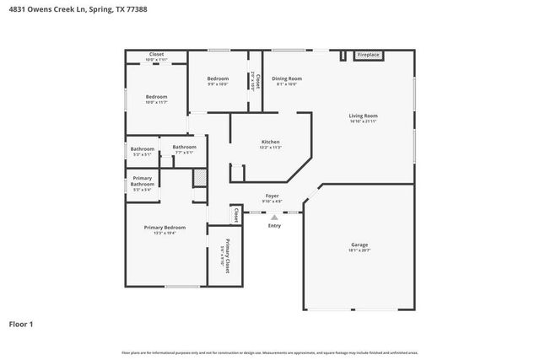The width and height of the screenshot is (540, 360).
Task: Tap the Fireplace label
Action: pos(368,55)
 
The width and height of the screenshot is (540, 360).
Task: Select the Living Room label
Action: pos(363,116)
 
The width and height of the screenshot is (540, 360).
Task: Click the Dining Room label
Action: pos(286,78)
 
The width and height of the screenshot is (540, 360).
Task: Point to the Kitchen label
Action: pos(270,142)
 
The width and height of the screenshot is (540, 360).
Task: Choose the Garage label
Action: pos(359,245)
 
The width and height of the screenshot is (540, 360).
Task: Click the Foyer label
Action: pos(272,196)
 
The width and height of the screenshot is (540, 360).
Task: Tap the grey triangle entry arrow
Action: pos(274,217)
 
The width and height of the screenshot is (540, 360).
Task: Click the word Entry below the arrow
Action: pos(274,225)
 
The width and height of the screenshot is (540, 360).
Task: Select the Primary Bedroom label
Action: pos(165,228)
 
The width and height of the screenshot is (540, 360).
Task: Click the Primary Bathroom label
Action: pos(142,181)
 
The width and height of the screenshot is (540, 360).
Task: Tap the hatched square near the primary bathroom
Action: pos(200,178)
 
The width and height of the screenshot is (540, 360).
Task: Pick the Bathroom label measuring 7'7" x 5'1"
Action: pos(184,148)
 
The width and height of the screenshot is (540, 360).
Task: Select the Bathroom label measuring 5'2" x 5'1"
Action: pos(143,149)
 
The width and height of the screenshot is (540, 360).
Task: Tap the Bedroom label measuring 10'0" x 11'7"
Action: pos(156,97)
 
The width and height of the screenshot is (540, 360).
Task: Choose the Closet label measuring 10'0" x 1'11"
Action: pos(156,54)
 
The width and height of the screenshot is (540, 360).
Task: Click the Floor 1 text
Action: pos(22,323)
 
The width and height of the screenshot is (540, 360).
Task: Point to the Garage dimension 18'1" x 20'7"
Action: pos(359,250)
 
